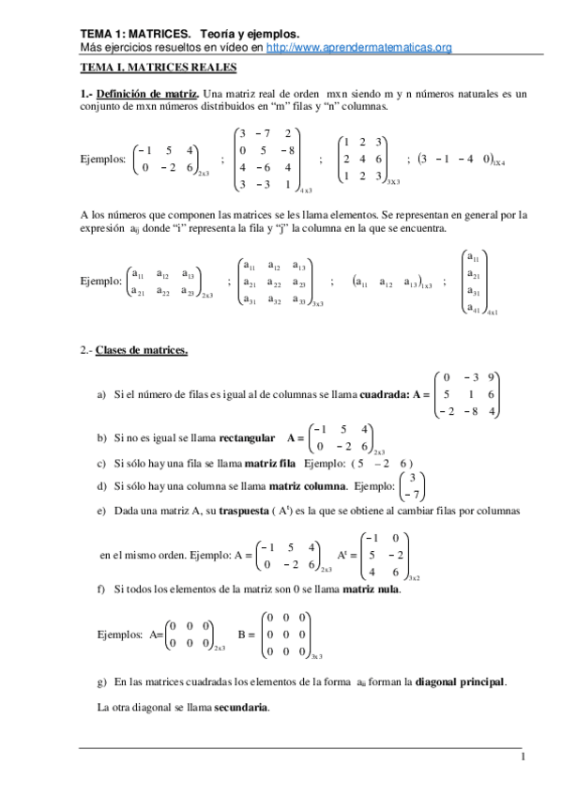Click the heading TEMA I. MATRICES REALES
point(158,69)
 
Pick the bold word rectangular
point(243,437)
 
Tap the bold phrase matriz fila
point(269,464)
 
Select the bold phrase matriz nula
point(373,589)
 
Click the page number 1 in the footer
point(524,757)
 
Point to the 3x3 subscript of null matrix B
point(317,656)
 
